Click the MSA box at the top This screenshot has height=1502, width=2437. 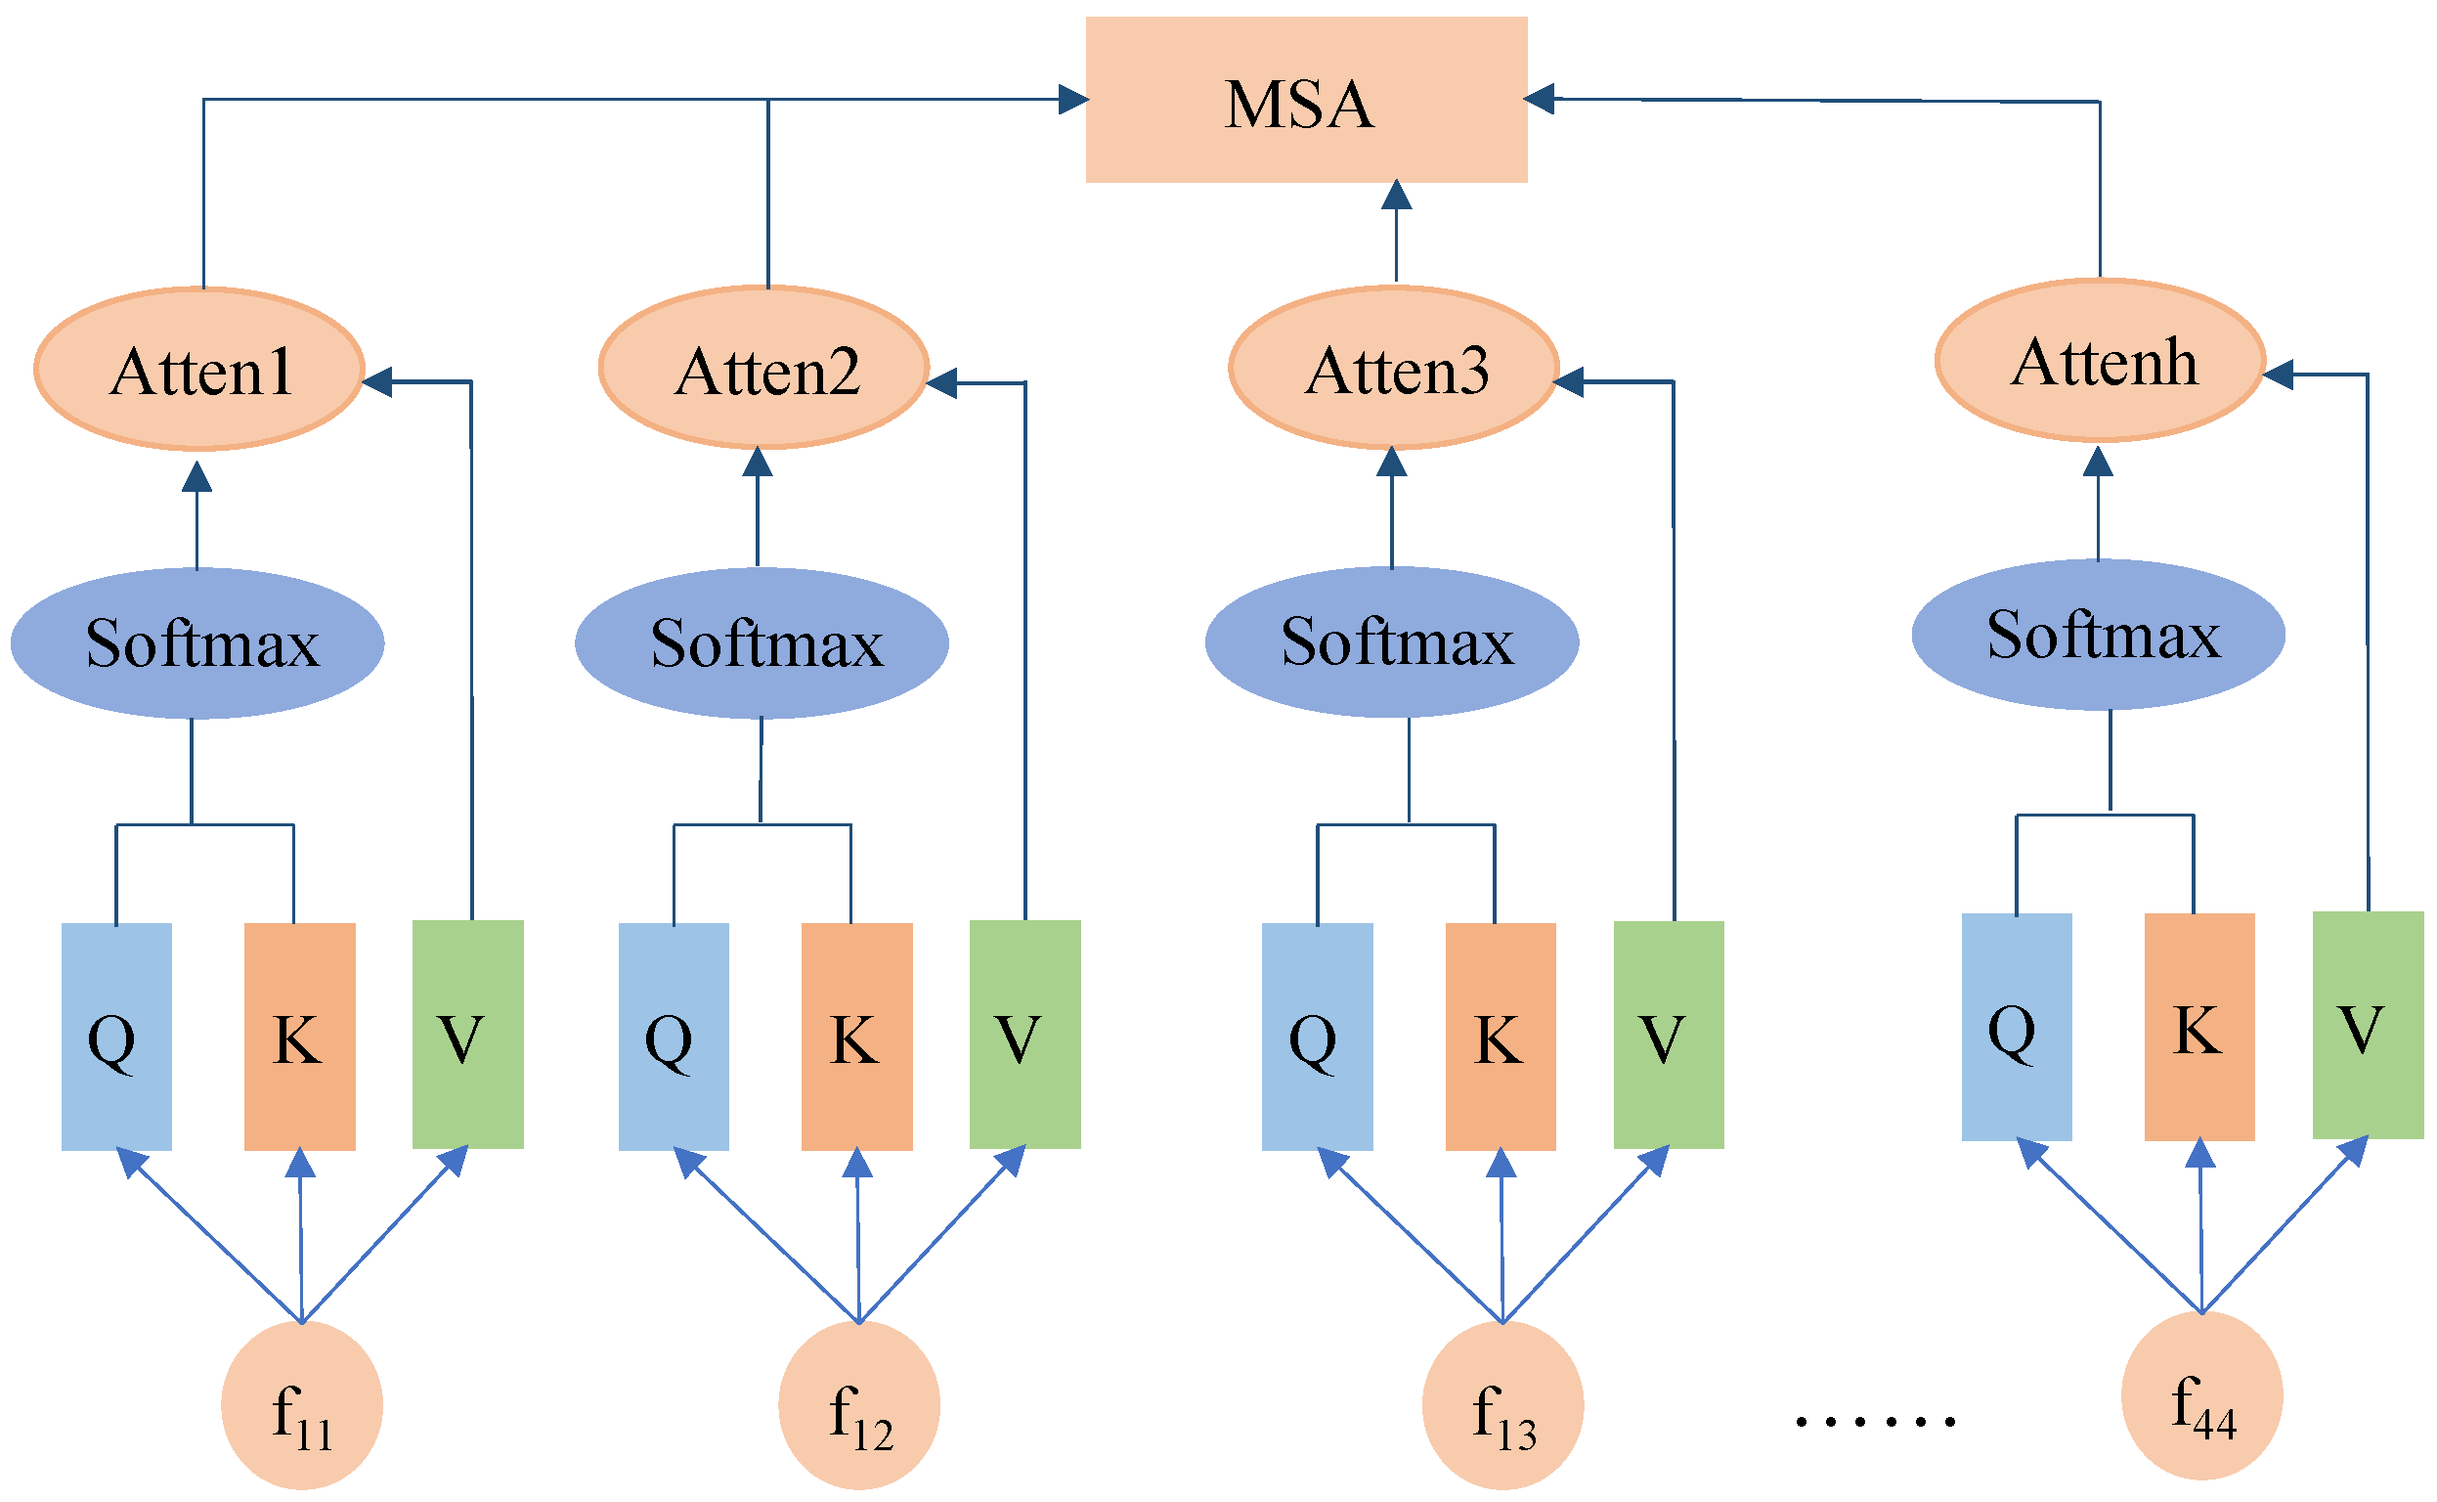tap(1306, 100)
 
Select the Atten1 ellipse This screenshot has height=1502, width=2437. tap(199, 369)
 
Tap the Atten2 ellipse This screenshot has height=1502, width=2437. tap(763, 369)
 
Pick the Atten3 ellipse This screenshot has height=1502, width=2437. tap(1393, 369)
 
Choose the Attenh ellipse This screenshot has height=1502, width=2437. tap(2100, 361)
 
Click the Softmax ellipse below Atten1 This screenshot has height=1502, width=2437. tap(197, 643)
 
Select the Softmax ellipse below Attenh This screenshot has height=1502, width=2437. tap(2098, 635)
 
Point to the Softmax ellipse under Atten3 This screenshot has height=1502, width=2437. tap(1391, 642)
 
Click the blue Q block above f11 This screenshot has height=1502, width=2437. tap(116, 1037)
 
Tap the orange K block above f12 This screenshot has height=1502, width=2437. tap(856, 1037)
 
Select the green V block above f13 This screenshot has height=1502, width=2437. tap(1669, 1035)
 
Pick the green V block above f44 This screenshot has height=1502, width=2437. tap(2368, 1025)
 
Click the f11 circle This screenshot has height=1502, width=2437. tap(301, 1405)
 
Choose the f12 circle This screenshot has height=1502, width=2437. tap(858, 1405)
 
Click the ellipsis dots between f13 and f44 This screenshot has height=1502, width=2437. tap(1875, 1422)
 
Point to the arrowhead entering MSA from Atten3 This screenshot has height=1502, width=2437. tap(1396, 196)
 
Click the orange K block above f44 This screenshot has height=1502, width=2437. tap(2198, 1027)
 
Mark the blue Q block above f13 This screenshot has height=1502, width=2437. tap(1317, 1037)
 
